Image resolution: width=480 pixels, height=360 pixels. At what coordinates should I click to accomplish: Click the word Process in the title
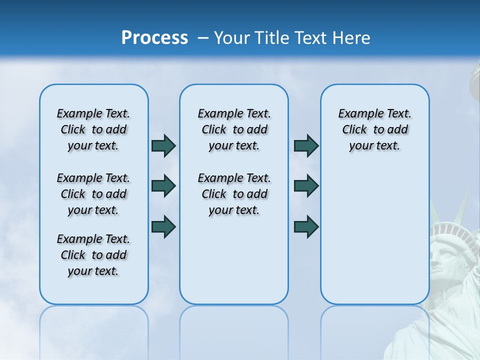click(154, 38)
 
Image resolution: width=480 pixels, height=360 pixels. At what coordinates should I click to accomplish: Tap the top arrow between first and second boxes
click(163, 145)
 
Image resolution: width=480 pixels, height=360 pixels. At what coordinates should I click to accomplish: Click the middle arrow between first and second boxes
click(163, 186)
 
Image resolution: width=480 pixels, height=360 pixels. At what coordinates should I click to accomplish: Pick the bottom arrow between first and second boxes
click(163, 226)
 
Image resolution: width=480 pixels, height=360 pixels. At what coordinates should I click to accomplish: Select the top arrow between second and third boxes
click(306, 145)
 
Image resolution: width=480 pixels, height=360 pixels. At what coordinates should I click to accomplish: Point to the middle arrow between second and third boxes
click(306, 186)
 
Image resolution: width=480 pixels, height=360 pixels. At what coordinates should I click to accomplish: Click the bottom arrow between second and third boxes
click(306, 226)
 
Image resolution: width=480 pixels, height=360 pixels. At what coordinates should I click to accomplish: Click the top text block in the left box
click(93, 129)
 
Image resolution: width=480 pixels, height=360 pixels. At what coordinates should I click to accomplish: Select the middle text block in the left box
click(93, 194)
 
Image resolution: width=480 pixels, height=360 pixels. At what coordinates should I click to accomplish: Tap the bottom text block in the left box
click(93, 255)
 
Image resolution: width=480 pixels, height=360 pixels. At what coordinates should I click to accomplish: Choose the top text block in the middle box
click(234, 129)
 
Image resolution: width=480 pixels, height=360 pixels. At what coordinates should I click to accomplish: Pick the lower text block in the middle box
click(234, 194)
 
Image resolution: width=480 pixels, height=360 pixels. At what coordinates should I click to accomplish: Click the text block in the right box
click(374, 129)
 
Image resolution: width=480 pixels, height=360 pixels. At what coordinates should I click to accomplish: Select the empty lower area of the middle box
click(234, 260)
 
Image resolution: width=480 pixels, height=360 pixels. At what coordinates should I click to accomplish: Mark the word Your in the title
click(232, 38)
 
